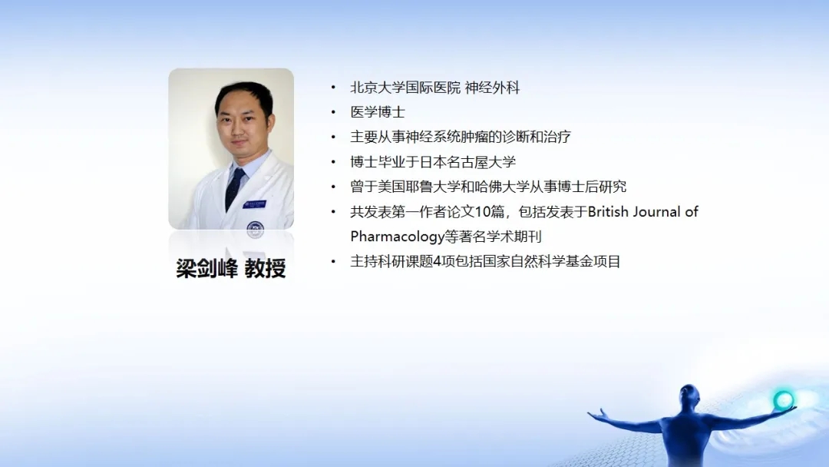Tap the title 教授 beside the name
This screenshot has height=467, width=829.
pos(266,268)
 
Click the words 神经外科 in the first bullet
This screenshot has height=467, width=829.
pos(492,88)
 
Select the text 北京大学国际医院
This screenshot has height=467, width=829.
pos(405,88)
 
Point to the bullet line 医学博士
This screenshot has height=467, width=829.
pos(378,112)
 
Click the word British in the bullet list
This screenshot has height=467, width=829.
pos(608,211)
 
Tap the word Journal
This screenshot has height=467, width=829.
pos(656,211)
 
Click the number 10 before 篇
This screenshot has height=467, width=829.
pos(483,211)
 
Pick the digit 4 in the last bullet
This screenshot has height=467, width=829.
pos(437,261)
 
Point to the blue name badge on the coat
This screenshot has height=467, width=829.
pos(254,204)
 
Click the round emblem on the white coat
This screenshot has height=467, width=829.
pos(256,228)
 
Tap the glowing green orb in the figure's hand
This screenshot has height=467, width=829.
pos(784,400)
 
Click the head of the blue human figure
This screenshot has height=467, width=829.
pos(689,395)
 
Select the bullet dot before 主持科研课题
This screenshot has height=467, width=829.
pos(333,261)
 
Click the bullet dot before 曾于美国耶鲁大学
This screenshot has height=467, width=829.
pos(333,187)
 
